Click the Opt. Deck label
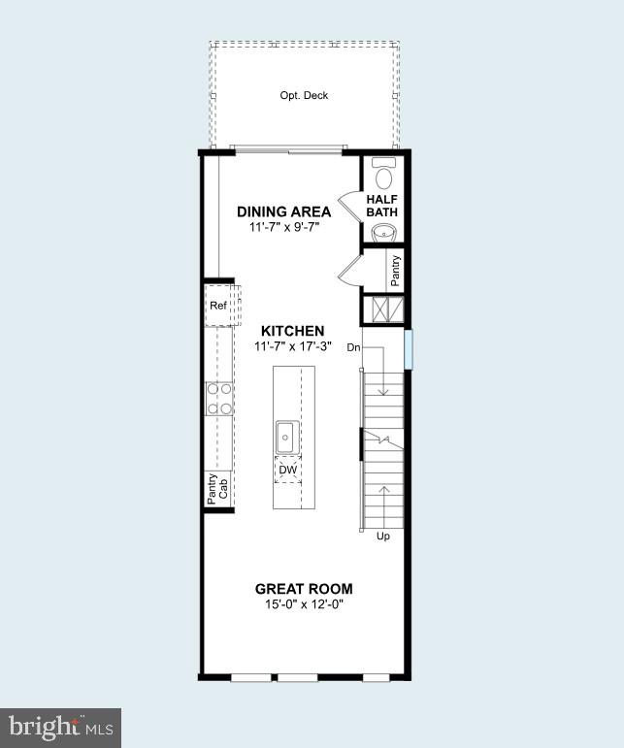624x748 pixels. tap(304, 95)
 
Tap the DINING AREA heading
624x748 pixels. tap(284, 211)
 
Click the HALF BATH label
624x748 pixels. tap(382, 206)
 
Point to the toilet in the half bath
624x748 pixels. tap(382, 175)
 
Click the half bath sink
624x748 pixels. tap(382, 232)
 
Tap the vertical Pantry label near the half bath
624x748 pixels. tap(395, 271)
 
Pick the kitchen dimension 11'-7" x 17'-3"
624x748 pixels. tap(293, 345)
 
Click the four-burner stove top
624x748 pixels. tap(219, 399)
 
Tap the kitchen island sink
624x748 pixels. tap(287, 436)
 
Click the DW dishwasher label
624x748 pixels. tap(287, 471)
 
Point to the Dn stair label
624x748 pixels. tap(354, 346)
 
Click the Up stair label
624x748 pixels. tap(382, 537)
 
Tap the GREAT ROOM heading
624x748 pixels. tap(304, 589)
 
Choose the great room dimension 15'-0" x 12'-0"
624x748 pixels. tap(304, 604)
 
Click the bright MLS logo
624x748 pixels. tap(62, 726)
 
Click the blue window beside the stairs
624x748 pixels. tap(409, 349)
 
